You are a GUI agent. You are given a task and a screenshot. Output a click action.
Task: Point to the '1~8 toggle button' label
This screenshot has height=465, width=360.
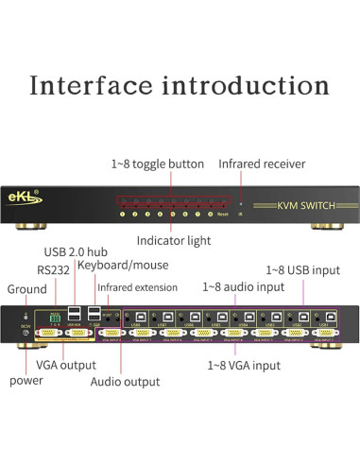(x=157, y=164)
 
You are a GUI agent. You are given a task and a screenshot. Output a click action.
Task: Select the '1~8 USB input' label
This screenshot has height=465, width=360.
(x=302, y=270)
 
